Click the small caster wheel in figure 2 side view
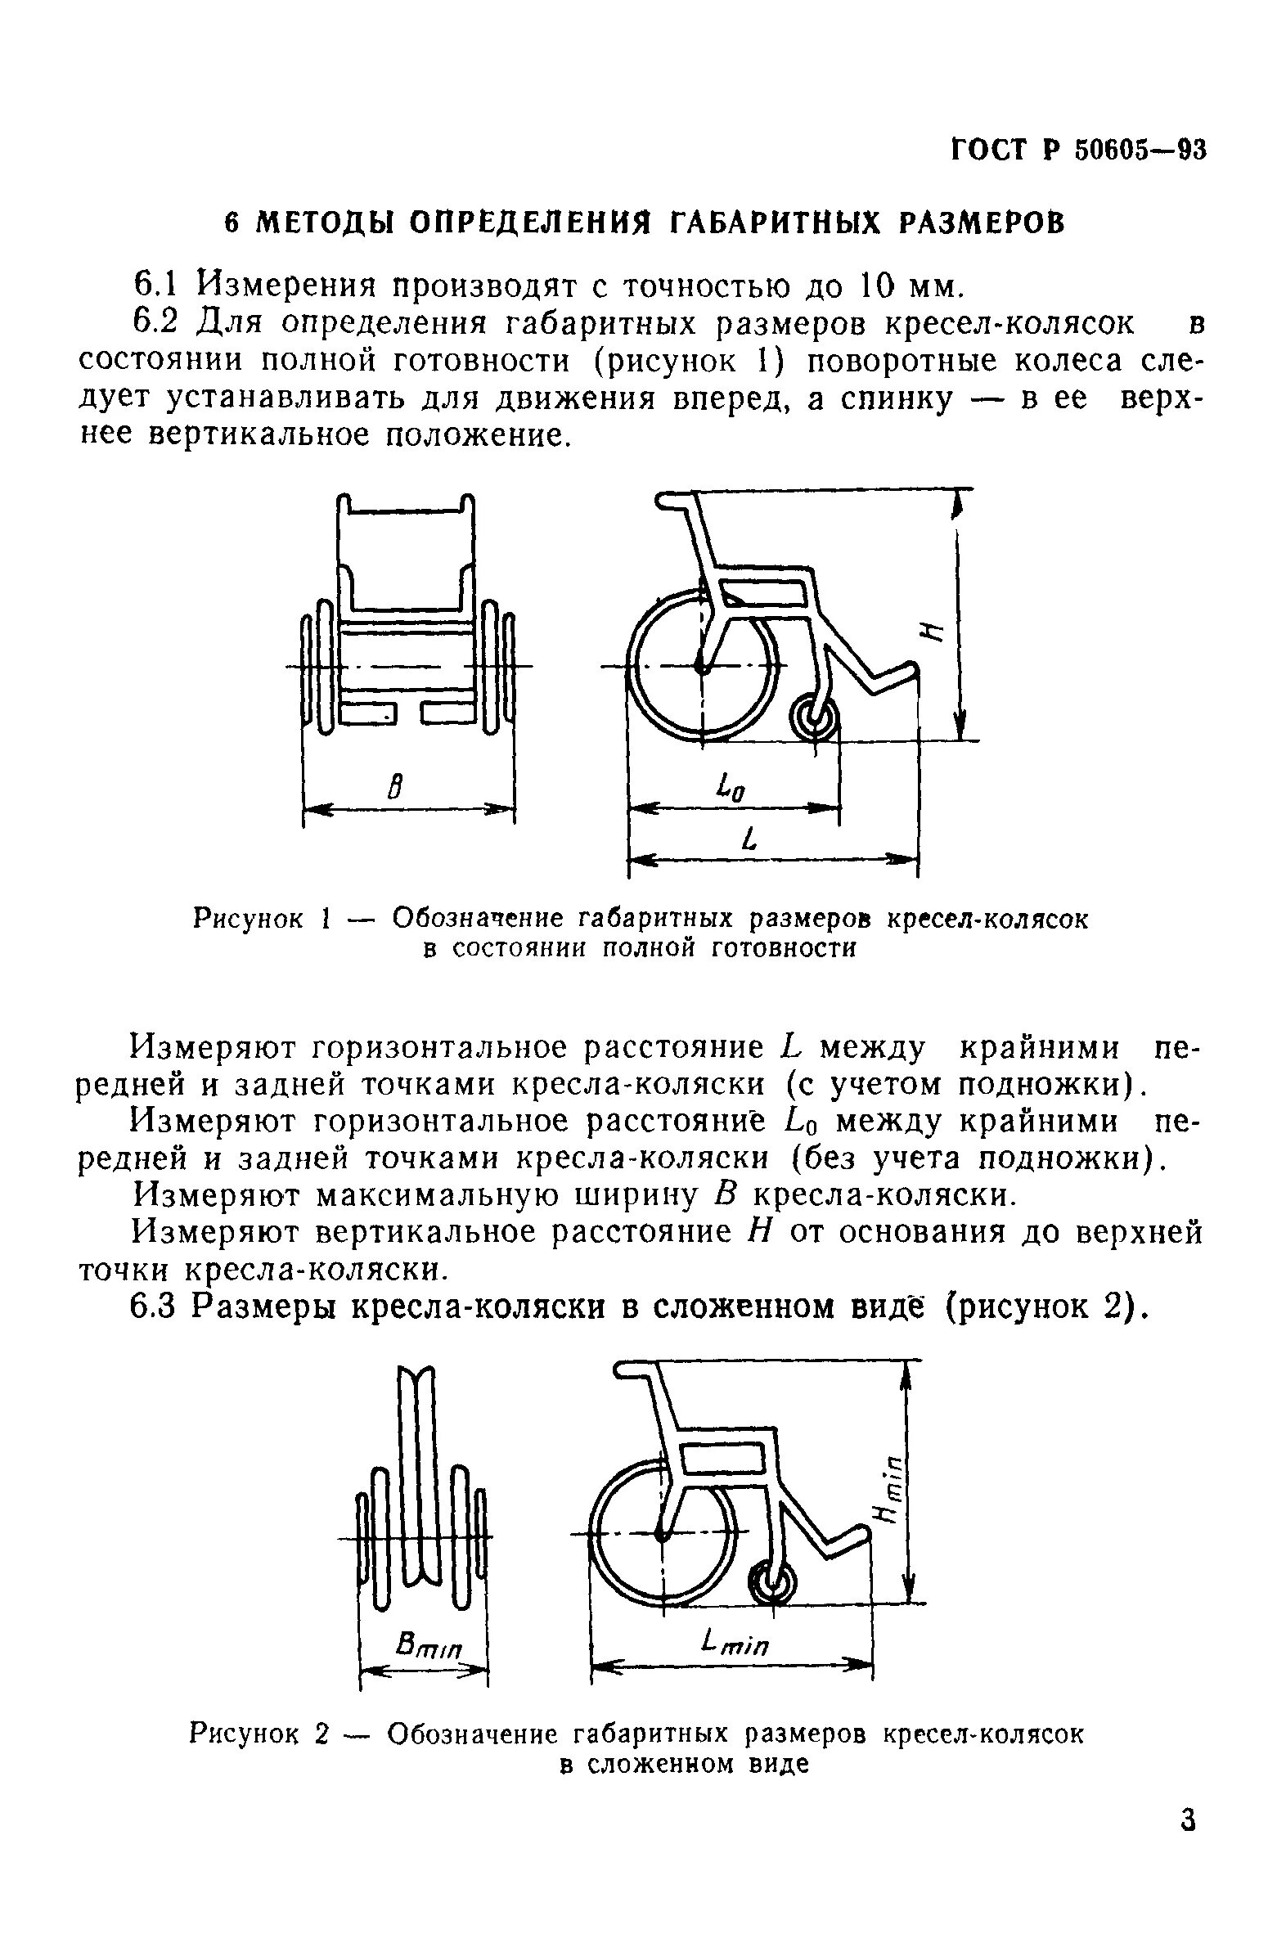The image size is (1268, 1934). (x=771, y=1586)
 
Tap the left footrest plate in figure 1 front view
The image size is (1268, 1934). (x=368, y=713)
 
